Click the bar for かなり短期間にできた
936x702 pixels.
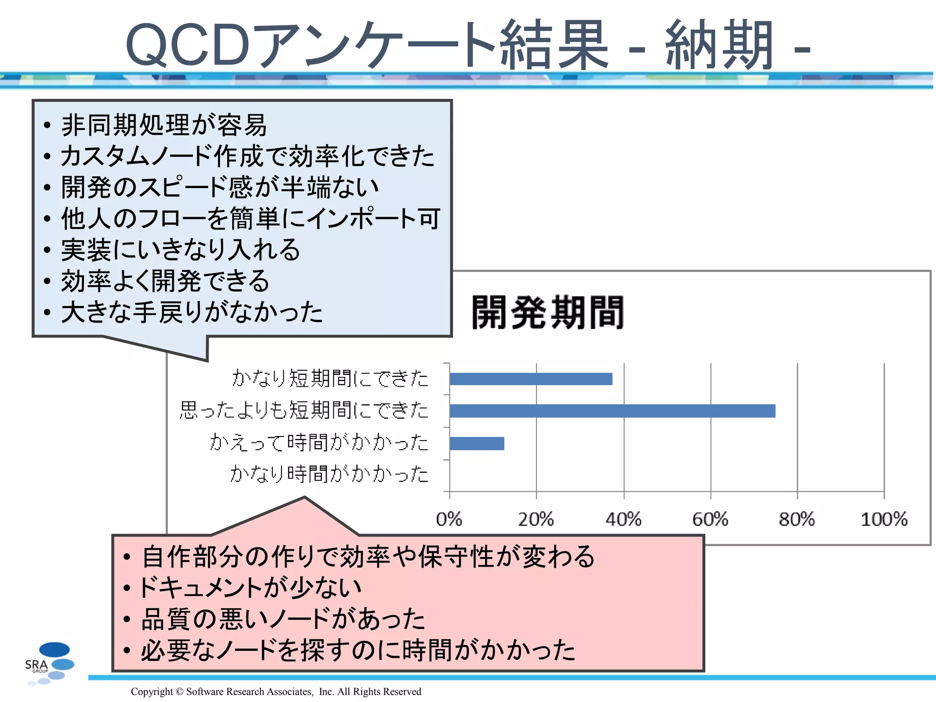pyautogui.click(x=531, y=379)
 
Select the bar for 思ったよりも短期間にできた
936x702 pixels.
pyautogui.click(x=612, y=411)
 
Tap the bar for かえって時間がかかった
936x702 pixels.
pyautogui.click(x=477, y=443)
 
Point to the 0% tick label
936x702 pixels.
pyautogui.click(x=449, y=519)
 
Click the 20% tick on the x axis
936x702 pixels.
pyautogui.click(x=536, y=519)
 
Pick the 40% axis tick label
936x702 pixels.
pyautogui.click(x=623, y=519)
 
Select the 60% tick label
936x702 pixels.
pyautogui.click(x=710, y=519)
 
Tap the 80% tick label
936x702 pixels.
pyautogui.click(x=797, y=519)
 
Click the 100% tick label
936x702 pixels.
pyautogui.click(x=884, y=519)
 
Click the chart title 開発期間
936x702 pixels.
pyautogui.click(x=548, y=313)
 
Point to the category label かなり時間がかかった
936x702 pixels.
pyautogui.click(x=329, y=474)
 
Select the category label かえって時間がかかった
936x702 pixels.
pyautogui.click(x=319, y=442)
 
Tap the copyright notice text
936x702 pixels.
pyautogui.click(x=276, y=691)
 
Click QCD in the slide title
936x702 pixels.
pyautogui.click(x=187, y=46)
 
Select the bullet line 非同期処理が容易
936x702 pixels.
pyautogui.click(x=164, y=125)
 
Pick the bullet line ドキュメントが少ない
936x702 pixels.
pyautogui.click(x=250, y=588)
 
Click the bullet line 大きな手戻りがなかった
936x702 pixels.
pyautogui.click(x=192, y=313)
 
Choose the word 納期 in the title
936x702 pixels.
pyautogui.click(x=718, y=46)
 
